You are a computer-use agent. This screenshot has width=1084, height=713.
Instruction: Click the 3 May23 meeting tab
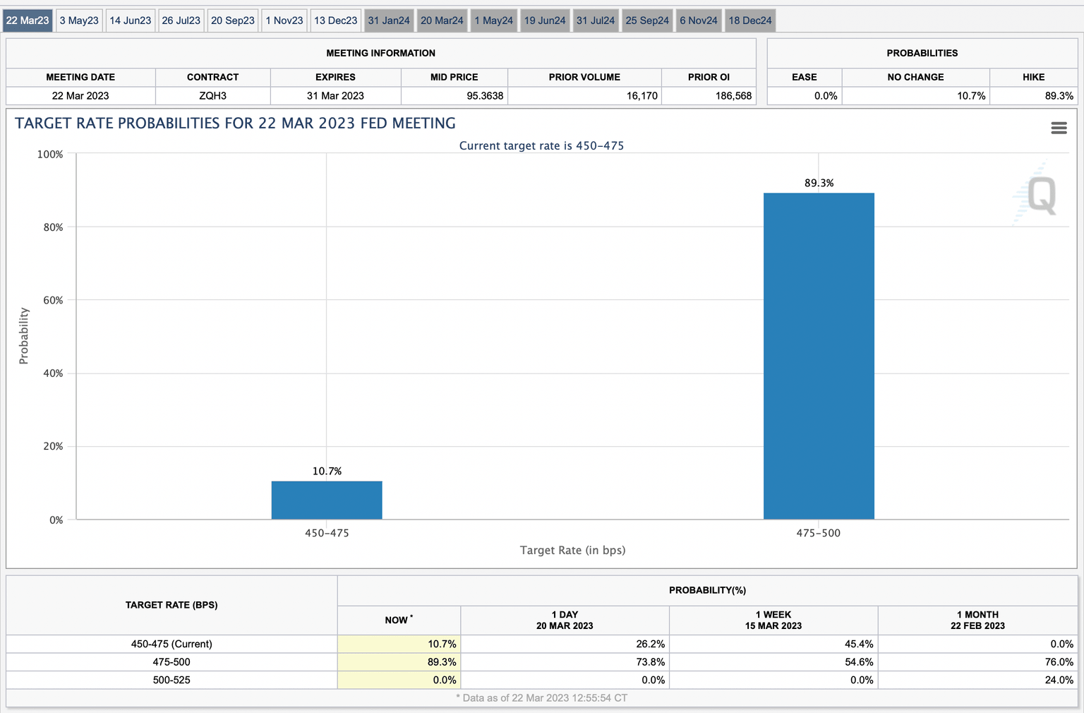click(79, 20)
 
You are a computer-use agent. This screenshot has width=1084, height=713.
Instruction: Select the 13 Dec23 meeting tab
click(335, 20)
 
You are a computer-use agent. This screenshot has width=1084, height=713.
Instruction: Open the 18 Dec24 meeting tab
click(750, 20)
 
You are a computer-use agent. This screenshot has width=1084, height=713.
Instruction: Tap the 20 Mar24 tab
click(442, 20)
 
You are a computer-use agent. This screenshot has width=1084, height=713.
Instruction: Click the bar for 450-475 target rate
click(327, 500)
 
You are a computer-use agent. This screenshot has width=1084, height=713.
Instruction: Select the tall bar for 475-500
click(819, 356)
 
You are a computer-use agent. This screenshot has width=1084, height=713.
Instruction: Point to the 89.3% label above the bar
click(819, 183)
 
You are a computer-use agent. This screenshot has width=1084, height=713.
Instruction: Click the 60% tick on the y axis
click(53, 300)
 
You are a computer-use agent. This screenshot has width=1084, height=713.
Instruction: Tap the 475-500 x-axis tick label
click(819, 533)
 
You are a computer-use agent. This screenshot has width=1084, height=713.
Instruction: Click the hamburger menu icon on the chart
click(1059, 128)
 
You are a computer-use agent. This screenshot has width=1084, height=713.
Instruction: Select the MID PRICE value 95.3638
click(485, 96)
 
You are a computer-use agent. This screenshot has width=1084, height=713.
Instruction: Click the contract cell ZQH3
click(212, 96)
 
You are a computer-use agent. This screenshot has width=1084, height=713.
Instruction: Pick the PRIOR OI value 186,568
click(733, 96)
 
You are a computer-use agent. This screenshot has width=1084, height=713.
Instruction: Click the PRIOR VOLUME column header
click(584, 77)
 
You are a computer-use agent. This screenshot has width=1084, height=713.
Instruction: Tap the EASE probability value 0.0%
click(825, 96)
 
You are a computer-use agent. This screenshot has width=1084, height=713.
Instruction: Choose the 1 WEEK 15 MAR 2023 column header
click(773, 620)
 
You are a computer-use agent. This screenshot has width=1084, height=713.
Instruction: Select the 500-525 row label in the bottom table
click(171, 680)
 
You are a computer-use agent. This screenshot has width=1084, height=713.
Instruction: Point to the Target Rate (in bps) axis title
click(572, 550)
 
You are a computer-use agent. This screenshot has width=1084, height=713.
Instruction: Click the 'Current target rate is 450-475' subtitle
click(541, 145)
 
